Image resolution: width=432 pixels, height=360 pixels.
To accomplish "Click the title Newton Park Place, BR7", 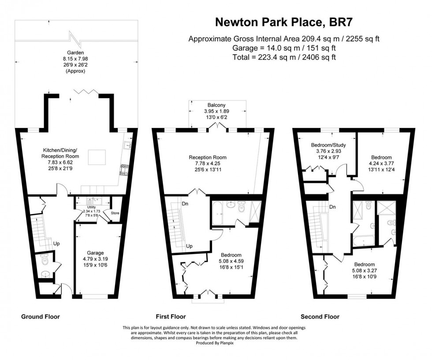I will point(284,22).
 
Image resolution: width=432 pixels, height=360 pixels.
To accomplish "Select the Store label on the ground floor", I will point(115,213).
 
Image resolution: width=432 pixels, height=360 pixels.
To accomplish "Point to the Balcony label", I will point(216,105).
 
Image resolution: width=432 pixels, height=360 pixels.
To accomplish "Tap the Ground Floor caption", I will point(41,316).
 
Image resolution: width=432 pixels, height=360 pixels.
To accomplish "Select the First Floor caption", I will point(171,316).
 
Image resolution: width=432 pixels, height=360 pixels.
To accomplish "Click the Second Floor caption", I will point(320,316).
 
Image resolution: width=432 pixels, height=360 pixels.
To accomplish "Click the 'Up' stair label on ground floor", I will point(56,243).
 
